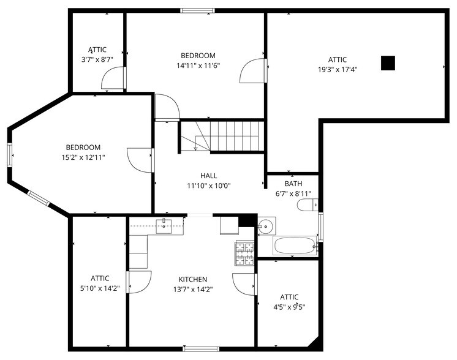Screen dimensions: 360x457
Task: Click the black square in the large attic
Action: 388,62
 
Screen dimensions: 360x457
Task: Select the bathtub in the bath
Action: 295,247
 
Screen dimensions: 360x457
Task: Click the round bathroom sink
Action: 265,227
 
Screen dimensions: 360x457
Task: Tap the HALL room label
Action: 209,176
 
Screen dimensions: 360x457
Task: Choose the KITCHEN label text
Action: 193,280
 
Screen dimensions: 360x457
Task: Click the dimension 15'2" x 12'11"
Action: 83,157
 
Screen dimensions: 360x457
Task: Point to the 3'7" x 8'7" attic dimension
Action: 97,60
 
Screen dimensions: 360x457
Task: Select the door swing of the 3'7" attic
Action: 113,78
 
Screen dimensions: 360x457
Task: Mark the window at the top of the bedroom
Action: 197,10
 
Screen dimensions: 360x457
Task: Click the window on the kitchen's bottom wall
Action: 202,349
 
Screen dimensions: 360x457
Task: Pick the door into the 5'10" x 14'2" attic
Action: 138,282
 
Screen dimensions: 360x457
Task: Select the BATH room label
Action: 293,184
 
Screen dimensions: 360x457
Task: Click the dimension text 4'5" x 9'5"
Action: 289,307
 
